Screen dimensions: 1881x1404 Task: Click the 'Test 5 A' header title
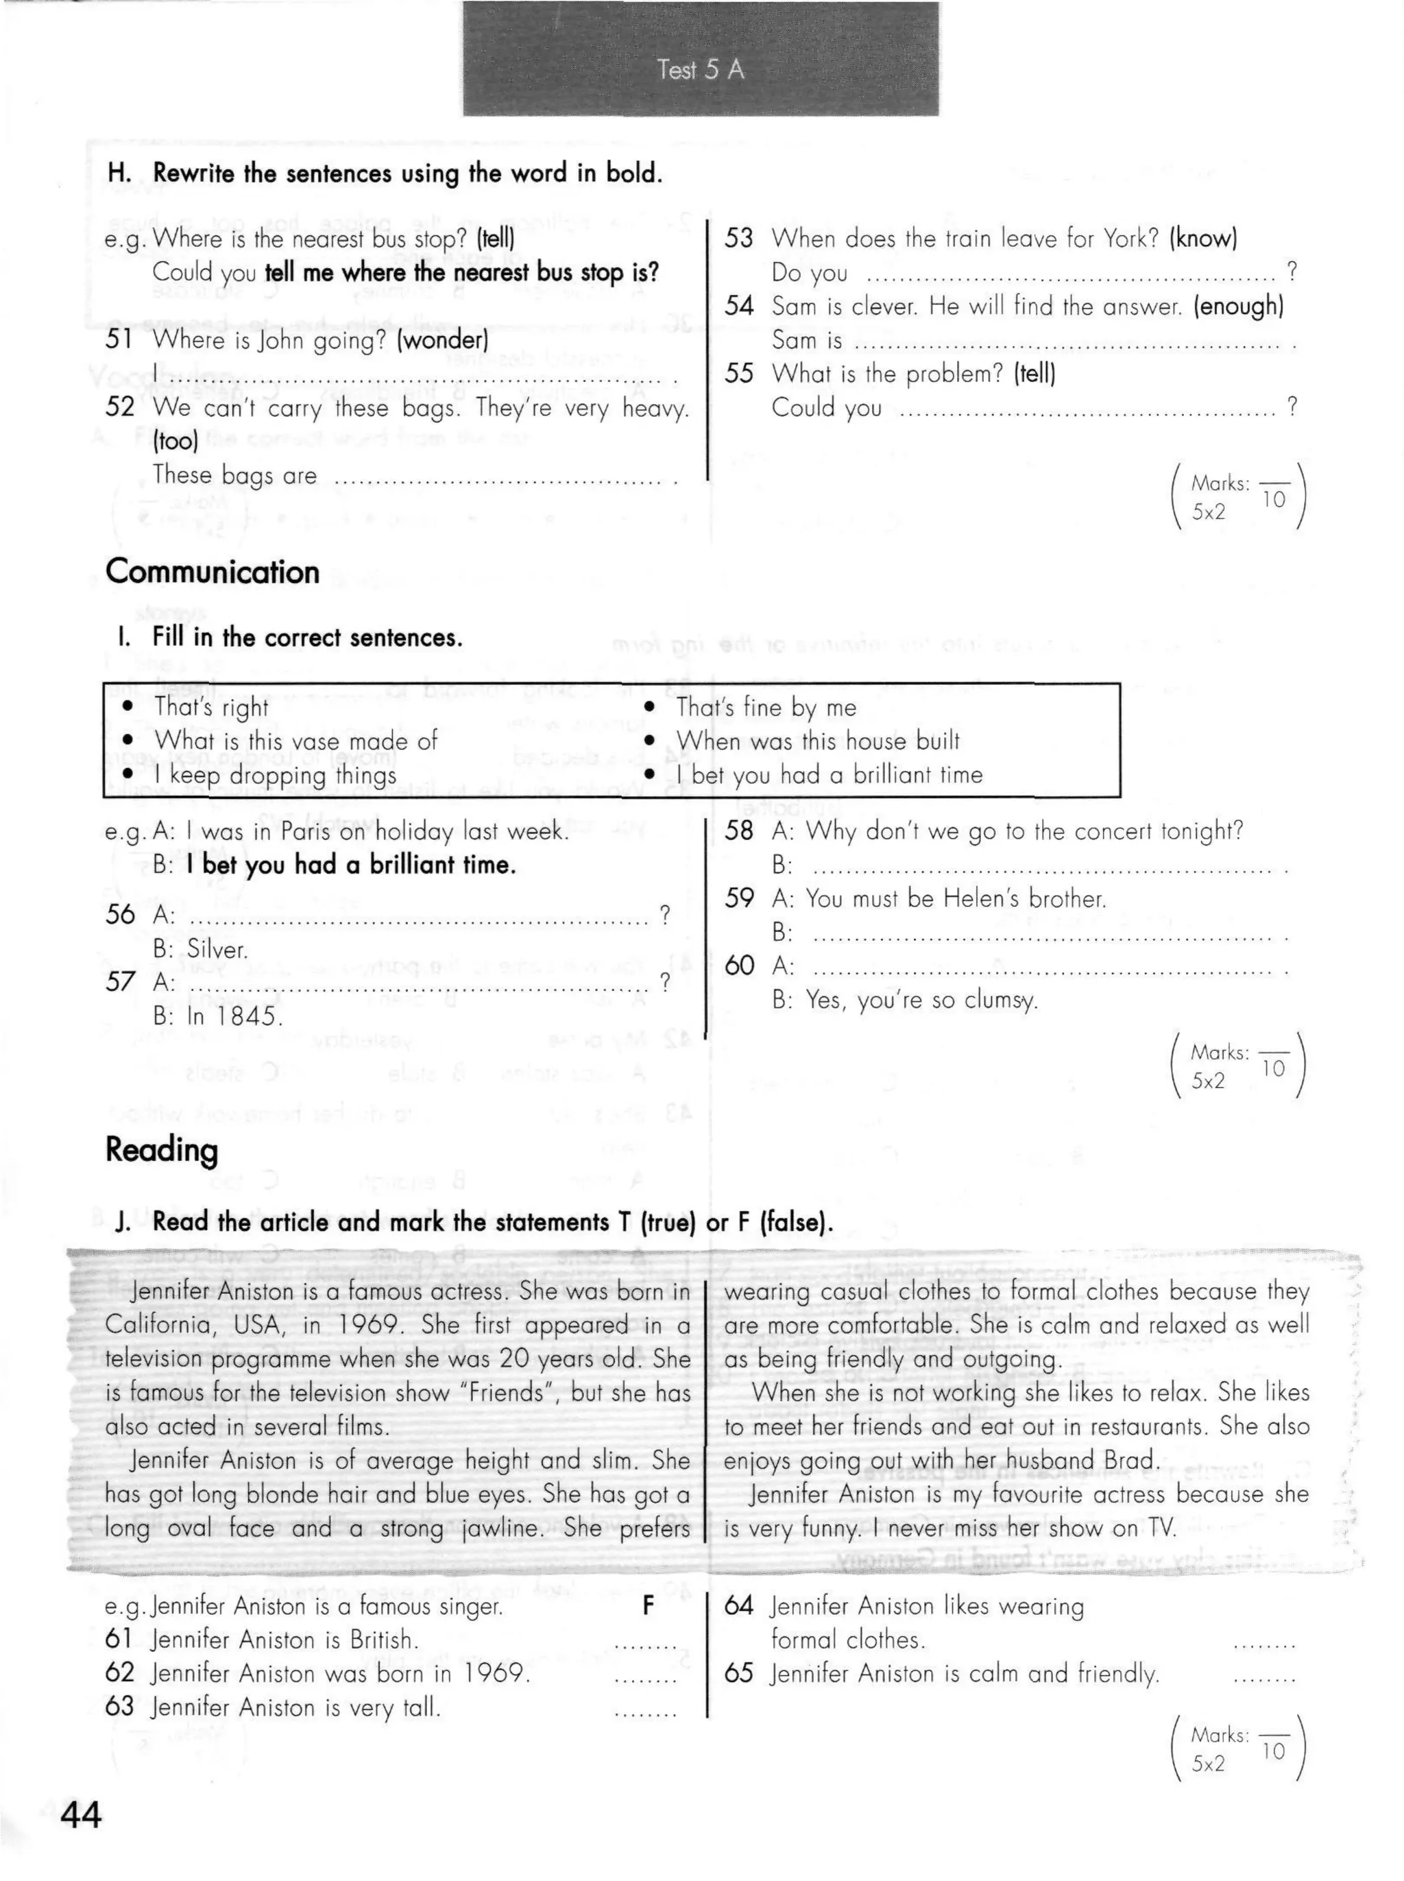pyautogui.click(x=701, y=70)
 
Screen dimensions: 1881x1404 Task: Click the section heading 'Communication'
pyautogui.click(x=213, y=572)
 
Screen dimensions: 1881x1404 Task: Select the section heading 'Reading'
pyautogui.click(x=162, y=1149)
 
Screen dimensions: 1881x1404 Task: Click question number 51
pyautogui.click(x=120, y=340)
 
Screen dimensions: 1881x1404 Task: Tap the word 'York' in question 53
pyautogui.click(x=1130, y=238)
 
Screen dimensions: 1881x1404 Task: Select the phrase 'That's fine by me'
pyautogui.click(x=766, y=707)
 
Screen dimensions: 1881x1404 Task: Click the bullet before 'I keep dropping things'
pyautogui.click(x=128, y=774)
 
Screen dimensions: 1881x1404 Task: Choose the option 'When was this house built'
pyautogui.click(x=818, y=741)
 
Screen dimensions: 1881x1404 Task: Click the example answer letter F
pyautogui.click(x=648, y=1605)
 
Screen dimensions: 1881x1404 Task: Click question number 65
pyautogui.click(x=738, y=1674)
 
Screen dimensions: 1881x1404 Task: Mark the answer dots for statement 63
pyautogui.click(x=645, y=1710)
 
